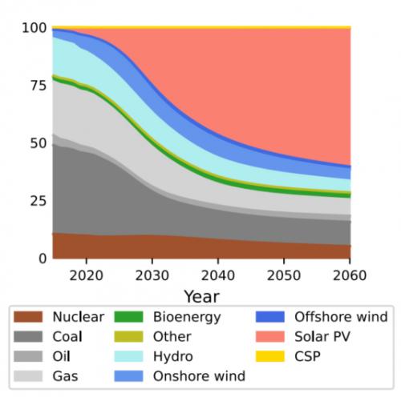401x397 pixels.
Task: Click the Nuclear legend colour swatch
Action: pyautogui.click(x=28, y=317)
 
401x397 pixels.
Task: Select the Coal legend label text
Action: pyautogui.click(x=67, y=336)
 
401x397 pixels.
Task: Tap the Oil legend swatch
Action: pyautogui.click(x=28, y=356)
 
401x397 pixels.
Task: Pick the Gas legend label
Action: pyautogui.click(x=65, y=376)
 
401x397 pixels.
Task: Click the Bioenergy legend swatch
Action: pyautogui.click(x=128, y=317)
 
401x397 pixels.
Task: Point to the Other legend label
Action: pyautogui.click(x=172, y=336)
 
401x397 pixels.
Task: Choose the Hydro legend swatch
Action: pyautogui.click(x=128, y=356)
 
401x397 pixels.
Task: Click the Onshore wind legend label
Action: pyautogui.click(x=199, y=376)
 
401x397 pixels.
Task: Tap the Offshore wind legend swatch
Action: pyautogui.click(x=270, y=317)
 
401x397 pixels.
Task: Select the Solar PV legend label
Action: pyautogui.click(x=322, y=336)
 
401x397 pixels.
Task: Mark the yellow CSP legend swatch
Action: pyautogui.click(x=270, y=356)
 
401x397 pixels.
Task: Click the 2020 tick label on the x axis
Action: pyautogui.click(x=86, y=275)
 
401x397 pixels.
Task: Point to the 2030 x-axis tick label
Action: pyautogui.click(x=152, y=275)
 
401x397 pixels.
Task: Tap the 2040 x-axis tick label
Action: pyautogui.click(x=218, y=275)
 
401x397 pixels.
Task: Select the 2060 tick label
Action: pyautogui.click(x=350, y=275)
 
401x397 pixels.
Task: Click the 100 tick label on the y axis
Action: pyautogui.click(x=34, y=28)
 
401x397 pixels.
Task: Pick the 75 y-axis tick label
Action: pyautogui.click(x=38, y=86)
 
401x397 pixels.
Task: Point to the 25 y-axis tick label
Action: pyautogui.click(x=38, y=201)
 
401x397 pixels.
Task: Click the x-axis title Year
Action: pyautogui.click(x=202, y=296)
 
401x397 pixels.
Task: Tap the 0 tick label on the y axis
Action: pyautogui.click(x=43, y=259)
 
